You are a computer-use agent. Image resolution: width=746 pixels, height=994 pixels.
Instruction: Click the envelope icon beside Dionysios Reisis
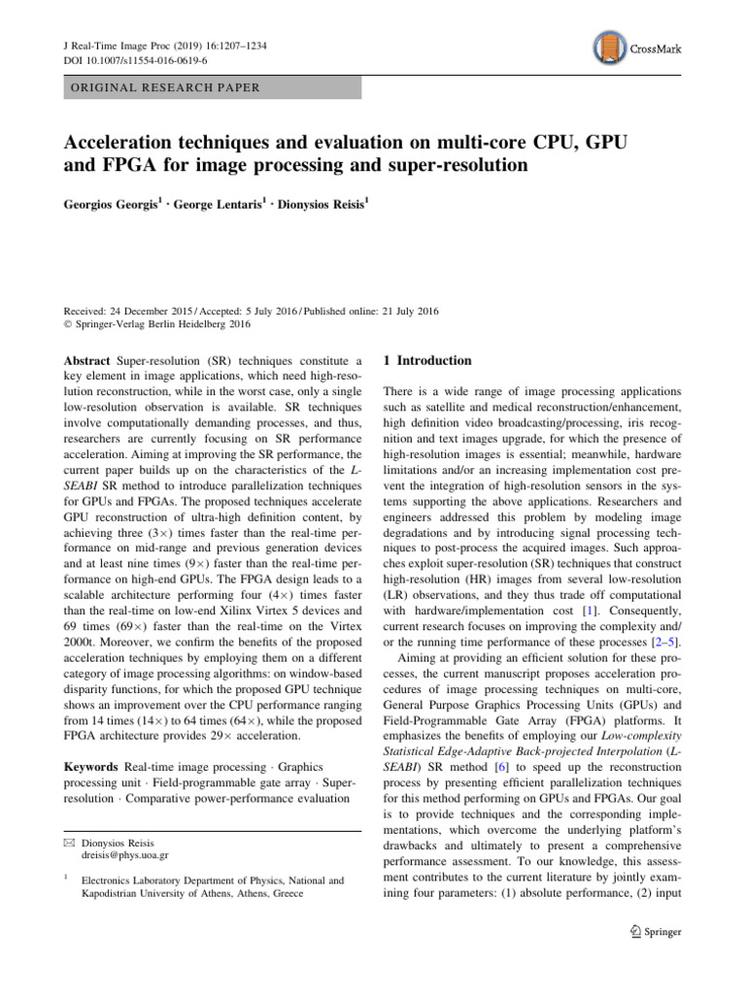click(71, 843)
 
